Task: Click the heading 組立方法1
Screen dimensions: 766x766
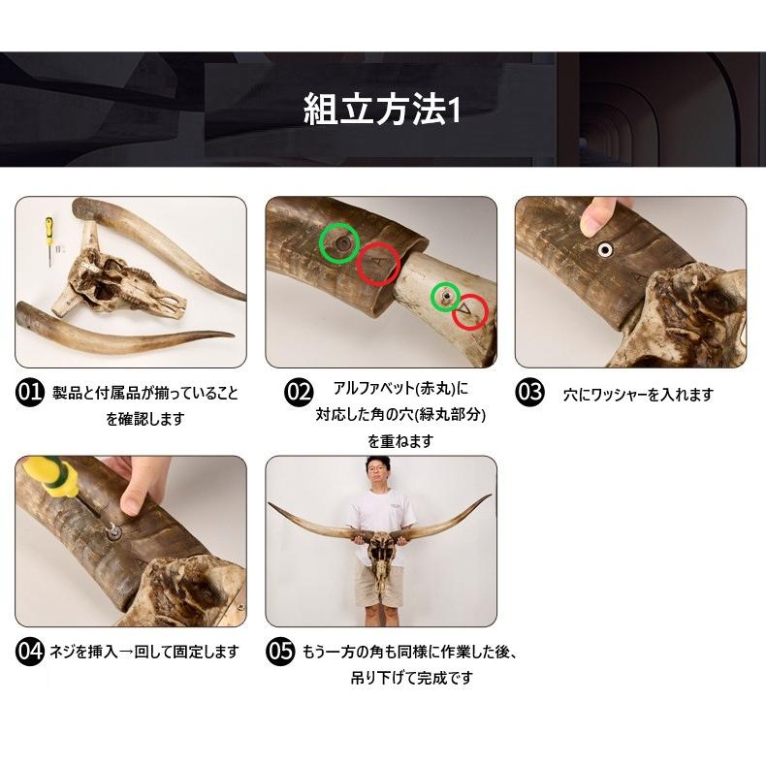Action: [x=381, y=111]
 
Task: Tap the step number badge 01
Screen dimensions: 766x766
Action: [x=30, y=393]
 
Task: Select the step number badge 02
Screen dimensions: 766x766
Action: [x=298, y=392]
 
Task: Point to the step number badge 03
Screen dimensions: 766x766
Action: [x=529, y=392]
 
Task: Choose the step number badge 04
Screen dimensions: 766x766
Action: [x=30, y=652]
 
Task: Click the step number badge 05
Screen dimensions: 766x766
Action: [x=280, y=652]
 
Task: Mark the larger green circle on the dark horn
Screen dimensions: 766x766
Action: [x=339, y=242]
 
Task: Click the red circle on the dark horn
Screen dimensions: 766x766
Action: [x=378, y=265]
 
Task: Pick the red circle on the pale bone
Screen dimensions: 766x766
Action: [x=470, y=311]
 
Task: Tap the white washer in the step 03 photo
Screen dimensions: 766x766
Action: [x=605, y=249]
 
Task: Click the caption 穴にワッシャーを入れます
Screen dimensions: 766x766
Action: [x=639, y=395]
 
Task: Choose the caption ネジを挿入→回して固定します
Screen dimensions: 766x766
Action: [x=144, y=652]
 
